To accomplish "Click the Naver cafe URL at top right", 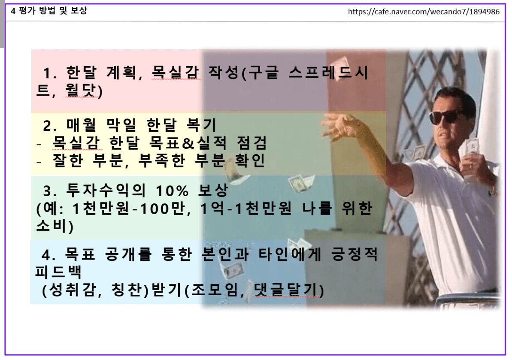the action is [424, 12].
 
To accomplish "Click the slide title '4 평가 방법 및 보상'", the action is [49, 11].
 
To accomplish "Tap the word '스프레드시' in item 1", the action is [328, 73].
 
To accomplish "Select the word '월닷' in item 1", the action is [80, 91].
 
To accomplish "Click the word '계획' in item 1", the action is [121, 73].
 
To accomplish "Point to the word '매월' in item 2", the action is [82, 124].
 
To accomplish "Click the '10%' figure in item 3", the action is [172, 191].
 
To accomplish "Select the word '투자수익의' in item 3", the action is [106, 190].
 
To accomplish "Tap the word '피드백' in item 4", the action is [58, 272].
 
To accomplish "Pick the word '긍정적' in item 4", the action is [354, 254].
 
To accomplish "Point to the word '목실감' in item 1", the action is [176, 73].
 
